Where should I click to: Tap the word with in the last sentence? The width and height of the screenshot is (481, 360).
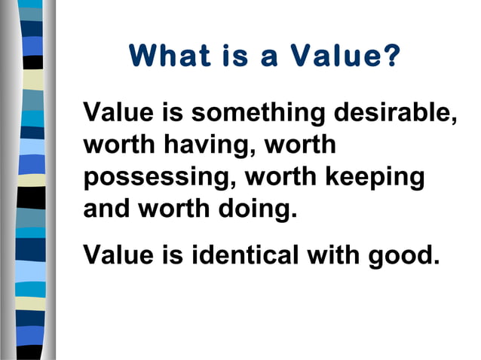332,255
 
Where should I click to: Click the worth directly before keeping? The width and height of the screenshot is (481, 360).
281,177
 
